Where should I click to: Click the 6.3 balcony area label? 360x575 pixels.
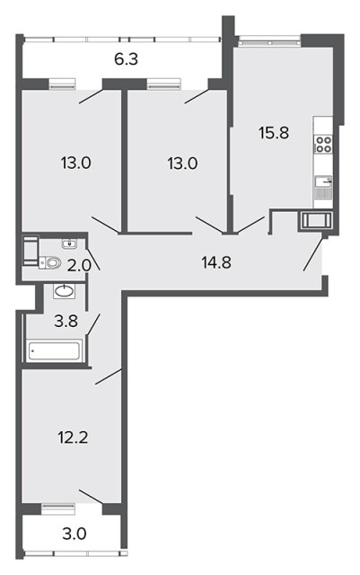(126, 59)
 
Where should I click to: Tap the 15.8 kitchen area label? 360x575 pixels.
(274, 133)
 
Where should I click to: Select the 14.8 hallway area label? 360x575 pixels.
(216, 262)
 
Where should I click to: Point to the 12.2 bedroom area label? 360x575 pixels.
(73, 438)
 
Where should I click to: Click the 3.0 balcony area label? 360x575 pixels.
(75, 534)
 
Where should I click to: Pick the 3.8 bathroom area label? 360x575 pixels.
(66, 322)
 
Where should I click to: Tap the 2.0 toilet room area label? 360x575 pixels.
(79, 265)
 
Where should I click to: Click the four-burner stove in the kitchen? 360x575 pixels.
(324, 144)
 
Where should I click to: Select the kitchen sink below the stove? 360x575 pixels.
(324, 181)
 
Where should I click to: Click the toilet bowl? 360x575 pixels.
(50, 262)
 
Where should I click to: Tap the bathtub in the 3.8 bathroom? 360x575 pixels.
(55, 351)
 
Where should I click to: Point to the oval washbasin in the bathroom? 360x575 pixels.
(65, 291)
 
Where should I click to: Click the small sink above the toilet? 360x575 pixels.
(69, 243)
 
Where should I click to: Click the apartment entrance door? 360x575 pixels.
(313, 254)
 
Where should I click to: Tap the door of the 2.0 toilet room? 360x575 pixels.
(92, 259)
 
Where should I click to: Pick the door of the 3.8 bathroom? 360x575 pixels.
(93, 323)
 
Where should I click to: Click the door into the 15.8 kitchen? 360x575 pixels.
(250, 225)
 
